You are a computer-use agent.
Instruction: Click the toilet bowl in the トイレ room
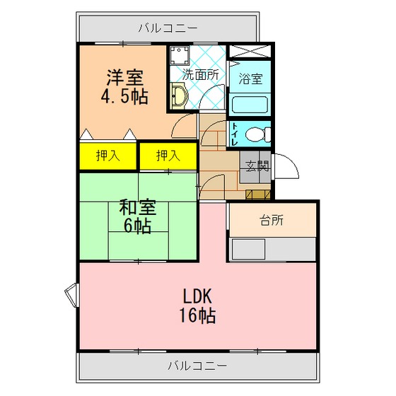click(258, 134)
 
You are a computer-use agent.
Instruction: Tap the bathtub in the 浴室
click(250, 105)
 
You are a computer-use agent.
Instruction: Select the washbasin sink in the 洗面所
click(179, 96)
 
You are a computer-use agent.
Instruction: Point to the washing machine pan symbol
click(180, 56)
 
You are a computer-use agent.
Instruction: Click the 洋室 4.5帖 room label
click(124, 86)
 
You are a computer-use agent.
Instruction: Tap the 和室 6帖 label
click(138, 216)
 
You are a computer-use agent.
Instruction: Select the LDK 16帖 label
click(197, 305)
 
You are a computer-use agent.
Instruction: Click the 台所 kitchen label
click(272, 221)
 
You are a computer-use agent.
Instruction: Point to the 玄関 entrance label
click(257, 166)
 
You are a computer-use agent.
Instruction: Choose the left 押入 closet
click(108, 156)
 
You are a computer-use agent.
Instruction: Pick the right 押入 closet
click(168, 156)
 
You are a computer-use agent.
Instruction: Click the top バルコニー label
click(168, 28)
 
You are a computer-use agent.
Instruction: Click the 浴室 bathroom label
click(250, 78)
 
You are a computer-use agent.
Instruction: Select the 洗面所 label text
click(201, 75)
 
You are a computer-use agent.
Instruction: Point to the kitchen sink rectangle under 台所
click(248, 249)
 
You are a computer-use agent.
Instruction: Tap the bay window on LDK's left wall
click(72, 295)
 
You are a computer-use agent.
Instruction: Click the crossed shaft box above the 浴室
click(250, 51)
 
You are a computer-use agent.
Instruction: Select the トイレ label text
click(235, 134)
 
